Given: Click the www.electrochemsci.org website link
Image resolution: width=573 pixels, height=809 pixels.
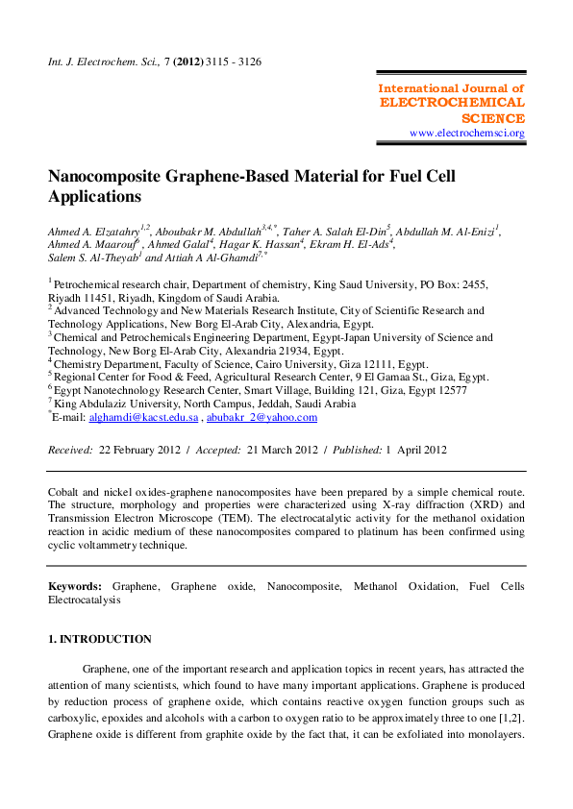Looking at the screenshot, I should point(466,133).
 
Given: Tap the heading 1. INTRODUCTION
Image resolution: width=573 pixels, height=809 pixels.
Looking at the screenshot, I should point(100,639).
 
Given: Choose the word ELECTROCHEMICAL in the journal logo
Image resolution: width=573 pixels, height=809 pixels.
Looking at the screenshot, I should point(452,102).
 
